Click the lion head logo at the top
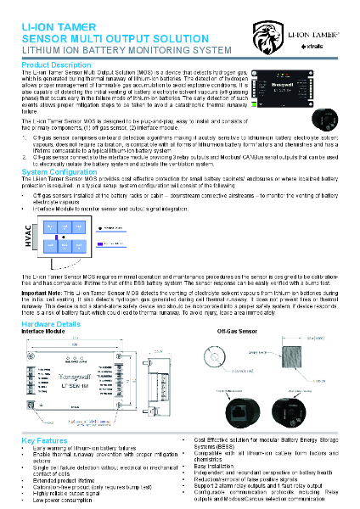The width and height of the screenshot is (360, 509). coord(267,36)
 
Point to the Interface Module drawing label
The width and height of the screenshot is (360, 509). coord(43,331)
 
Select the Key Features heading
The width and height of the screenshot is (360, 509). coord(44,441)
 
